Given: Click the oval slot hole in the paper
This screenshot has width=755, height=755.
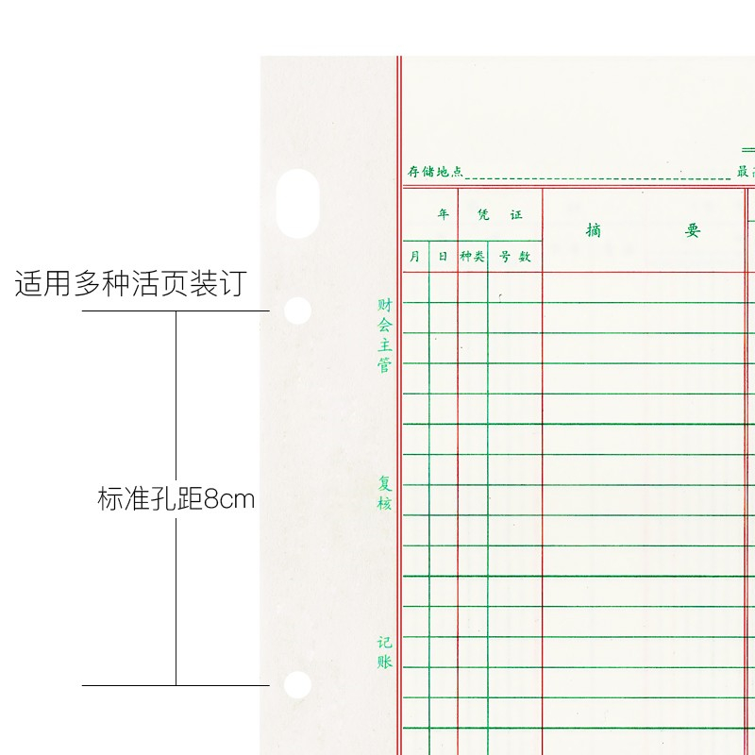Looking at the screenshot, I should click(x=296, y=203).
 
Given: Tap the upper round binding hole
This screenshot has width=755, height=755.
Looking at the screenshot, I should click(x=298, y=310).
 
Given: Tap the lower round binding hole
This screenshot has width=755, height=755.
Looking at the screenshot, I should click(x=298, y=684).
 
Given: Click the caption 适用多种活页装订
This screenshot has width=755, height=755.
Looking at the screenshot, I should click(x=130, y=284).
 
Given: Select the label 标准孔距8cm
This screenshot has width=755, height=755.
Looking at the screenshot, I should click(x=176, y=498).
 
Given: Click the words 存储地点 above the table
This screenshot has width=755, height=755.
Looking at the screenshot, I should click(x=435, y=172).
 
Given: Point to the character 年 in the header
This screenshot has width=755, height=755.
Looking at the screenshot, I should click(x=443, y=215).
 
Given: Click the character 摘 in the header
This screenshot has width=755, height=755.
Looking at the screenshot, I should click(x=593, y=230).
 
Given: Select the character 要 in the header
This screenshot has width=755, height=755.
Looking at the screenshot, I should click(x=693, y=230).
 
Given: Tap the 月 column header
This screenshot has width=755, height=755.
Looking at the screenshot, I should click(x=415, y=257).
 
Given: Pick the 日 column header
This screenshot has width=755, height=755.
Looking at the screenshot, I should click(x=443, y=257).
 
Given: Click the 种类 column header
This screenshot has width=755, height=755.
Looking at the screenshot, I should click(x=472, y=257).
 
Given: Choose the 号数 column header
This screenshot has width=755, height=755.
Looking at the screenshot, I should click(x=515, y=257).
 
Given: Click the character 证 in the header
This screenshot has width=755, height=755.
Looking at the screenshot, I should click(x=516, y=215).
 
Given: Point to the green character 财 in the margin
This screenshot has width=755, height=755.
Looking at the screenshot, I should click(x=384, y=305).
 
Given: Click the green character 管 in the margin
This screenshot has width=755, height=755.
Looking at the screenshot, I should click(x=384, y=365).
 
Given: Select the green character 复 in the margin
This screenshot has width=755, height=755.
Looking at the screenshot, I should click(x=384, y=483).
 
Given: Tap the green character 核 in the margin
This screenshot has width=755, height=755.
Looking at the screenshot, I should click(x=384, y=504).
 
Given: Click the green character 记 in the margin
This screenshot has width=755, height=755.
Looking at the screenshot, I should click(x=384, y=643).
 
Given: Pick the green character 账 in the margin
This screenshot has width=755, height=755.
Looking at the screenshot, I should click(x=384, y=663).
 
